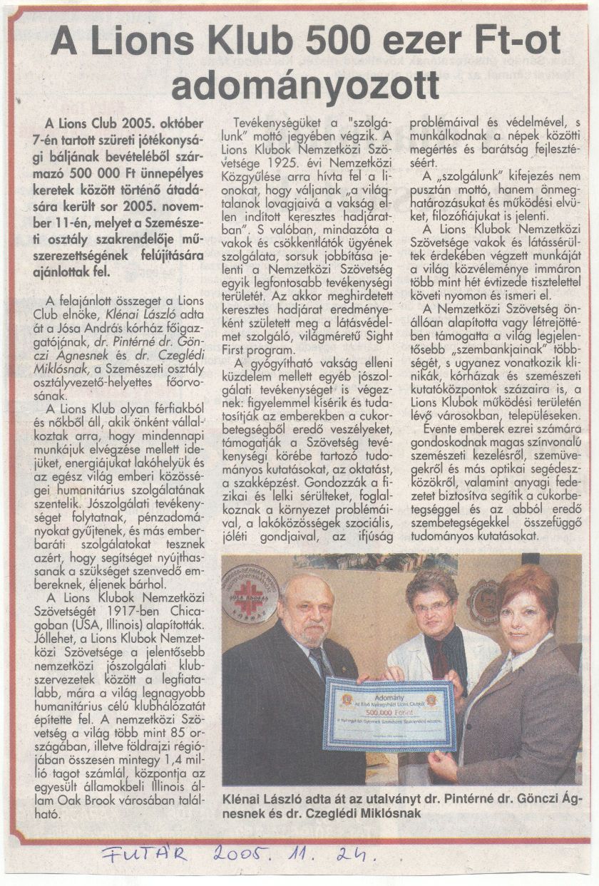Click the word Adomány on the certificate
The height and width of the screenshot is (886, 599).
click(x=389, y=681)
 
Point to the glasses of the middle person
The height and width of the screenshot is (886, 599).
click(x=432, y=607)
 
